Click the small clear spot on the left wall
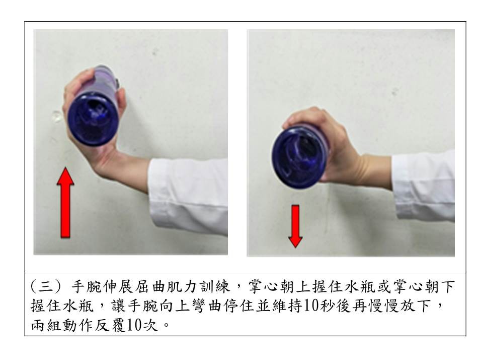56,117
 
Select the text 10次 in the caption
142,324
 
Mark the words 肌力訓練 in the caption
207,287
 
